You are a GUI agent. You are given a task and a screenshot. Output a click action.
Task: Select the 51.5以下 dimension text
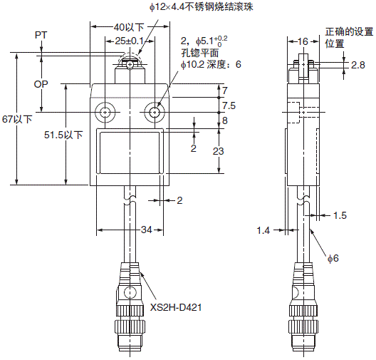click(63, 134)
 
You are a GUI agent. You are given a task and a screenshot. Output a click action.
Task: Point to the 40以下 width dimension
click(130, 27)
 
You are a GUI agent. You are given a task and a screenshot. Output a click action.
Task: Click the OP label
click(41, 83)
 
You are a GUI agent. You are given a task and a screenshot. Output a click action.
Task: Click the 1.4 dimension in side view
click(263, 230)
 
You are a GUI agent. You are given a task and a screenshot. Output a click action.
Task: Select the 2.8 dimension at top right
click(359, 65)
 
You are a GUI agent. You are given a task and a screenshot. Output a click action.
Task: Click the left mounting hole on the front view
click(106, 113)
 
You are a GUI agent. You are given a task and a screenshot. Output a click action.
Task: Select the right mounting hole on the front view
click(154, 113)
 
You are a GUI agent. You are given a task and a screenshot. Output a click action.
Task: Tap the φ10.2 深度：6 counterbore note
click(211, 64)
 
